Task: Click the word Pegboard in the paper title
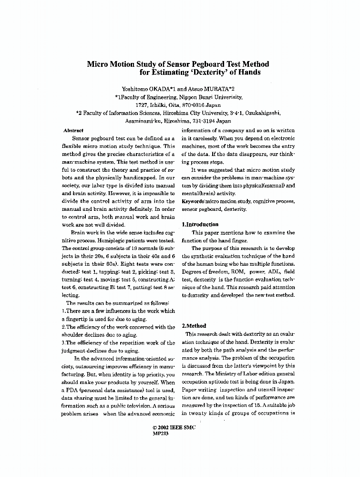tap(201, 64)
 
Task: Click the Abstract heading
tap(73, 130)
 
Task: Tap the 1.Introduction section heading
tap(200, 224)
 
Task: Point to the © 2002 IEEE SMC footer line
tap(174, 428)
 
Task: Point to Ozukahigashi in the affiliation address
tap(264, 113)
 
